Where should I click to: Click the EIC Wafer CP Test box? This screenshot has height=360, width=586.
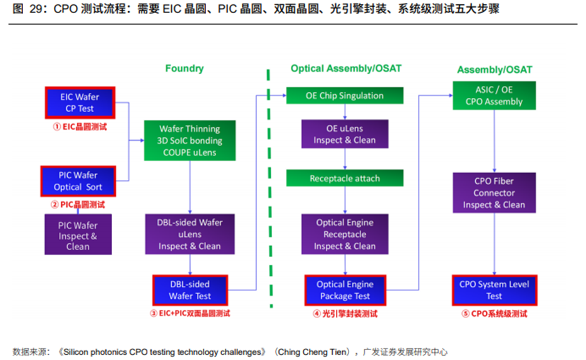pyautogui.click(x=80, y=103)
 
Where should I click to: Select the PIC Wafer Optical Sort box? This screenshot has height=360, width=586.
pyautogui.click(x=78, y=181)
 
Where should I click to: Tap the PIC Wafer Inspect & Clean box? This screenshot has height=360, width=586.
pyautogui.click(x=78, y=235)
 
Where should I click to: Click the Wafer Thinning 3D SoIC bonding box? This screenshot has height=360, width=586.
pyautogui.click(x=190, y=140)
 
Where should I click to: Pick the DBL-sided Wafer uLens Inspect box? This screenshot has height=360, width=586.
pyautogui.click(x=190, y=234)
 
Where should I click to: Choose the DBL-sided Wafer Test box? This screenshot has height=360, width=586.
pyautogui.click(x=191, y=290)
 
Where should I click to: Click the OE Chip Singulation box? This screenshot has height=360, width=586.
pyautogui.click(x=345, y=96)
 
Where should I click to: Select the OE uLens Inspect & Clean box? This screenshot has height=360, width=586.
pyautogui.click(x=345, y=134)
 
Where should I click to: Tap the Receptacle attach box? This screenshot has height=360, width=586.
pyautogui.click(x=345, y=178)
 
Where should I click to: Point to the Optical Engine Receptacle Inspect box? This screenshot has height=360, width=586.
pyautogui.click(x=345, y=234)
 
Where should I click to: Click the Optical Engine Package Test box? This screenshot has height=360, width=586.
pyautogui.click(x=345, y=290)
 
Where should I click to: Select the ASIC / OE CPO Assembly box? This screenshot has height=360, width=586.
pyautogui.click(x=494, y=96)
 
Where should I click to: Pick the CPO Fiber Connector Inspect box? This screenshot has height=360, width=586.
pyautogui.click(x=494, y=193)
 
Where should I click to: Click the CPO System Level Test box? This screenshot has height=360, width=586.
pyautogui.click(x=494, y=290)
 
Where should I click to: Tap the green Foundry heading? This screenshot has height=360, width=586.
pyautogui.click(x=185, y=68)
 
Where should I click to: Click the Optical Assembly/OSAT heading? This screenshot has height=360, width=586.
pyautogui.click(x=346, y=68)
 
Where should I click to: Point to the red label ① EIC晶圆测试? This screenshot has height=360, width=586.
pyautogui.click(x=80, y=127)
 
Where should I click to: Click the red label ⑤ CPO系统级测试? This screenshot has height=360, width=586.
pyautogui.click(x=494, y=314)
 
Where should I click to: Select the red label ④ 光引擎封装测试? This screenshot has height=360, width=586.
pyautogui.click(x=345, y=314)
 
